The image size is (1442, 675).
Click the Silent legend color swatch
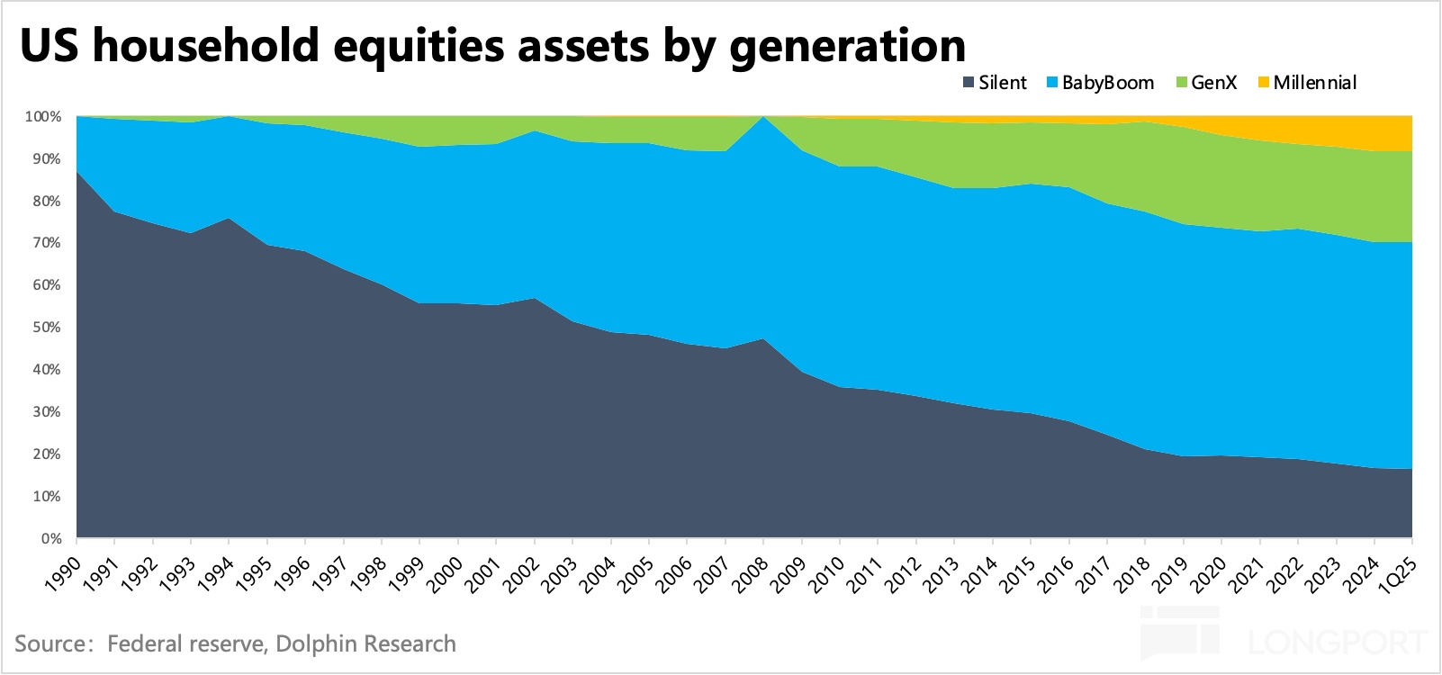click(x=969, y=83)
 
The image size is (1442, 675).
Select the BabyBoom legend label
click(x=1108, y=83)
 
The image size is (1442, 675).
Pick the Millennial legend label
click(x=1314, y=83)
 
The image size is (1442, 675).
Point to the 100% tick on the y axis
click(x=43, y=117)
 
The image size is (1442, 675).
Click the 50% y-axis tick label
click(x=46, y=328)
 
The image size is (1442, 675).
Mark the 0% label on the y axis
click(x=50, y=539)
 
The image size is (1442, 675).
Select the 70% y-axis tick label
click(x=46, y=243)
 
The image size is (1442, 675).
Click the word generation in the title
click(x=848, y=45)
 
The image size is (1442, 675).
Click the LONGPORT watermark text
click(x=1338, y=643)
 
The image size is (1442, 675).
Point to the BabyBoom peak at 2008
click(x=763, y=117)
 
